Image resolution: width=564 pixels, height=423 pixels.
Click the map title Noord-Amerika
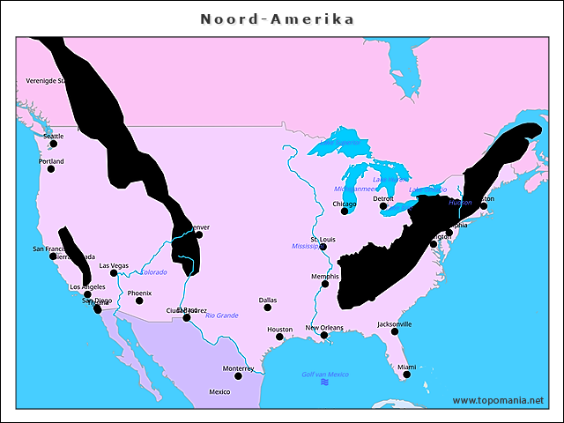[x=277, y=19]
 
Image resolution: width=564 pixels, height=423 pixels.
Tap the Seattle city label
[x=54, y=136]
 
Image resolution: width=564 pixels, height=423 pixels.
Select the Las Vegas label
[x=114, y=265]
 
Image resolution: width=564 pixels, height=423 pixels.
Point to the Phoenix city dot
[x=139, y=301]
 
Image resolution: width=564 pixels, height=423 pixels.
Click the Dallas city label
[x=268, y=300]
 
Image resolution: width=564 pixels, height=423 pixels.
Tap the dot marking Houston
[x=279, y=337]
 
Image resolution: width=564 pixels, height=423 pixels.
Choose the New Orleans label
[x=324, y=328]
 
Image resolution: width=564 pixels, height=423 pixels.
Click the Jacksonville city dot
[x=395, y=331]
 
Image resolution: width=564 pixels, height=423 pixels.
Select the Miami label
[x=406, y=367]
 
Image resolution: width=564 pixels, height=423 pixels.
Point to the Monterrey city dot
[x=238, y=376]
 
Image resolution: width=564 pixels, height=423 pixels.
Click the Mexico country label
[x=219, y=391]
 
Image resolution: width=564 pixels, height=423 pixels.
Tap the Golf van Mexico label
[x=325, y=375]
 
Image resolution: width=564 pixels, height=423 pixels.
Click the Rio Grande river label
[x=221, y=315]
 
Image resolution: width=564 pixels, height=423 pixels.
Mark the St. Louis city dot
[x=323, y=247]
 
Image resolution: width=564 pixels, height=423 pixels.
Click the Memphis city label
[x=324, y=277]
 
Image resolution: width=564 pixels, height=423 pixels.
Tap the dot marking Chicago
[x=345, y=211]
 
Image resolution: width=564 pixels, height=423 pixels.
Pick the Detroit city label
[x=383, y=198]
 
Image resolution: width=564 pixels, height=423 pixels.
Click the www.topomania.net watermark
[x=497, y=400]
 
